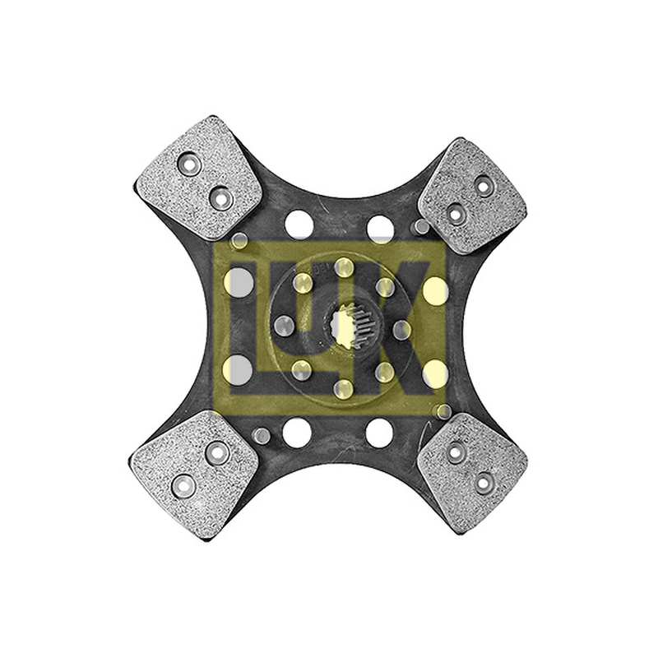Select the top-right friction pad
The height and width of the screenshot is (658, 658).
tap(472, 197)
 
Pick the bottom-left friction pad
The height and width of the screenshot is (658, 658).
tap(194, 475)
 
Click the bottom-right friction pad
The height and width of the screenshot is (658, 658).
tap(473, 471)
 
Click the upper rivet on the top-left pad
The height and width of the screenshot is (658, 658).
tap(190, 163)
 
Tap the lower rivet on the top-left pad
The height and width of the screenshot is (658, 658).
tap(221, 197)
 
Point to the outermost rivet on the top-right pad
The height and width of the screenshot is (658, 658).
tap(484, 184)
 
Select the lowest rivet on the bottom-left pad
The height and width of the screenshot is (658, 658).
tap(183, 486)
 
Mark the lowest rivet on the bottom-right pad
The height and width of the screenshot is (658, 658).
tap(483, 482)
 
